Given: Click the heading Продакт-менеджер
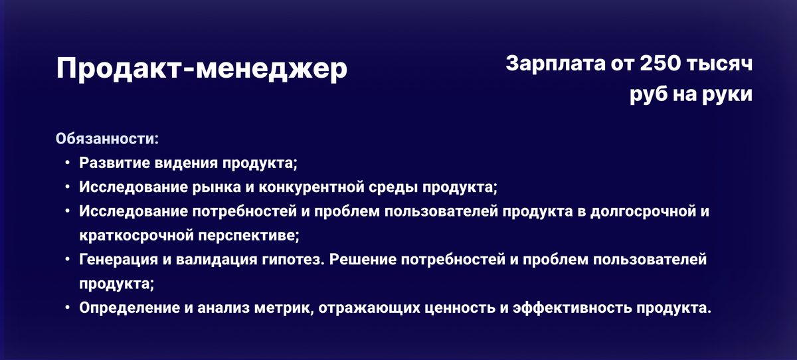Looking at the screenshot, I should point(201,70).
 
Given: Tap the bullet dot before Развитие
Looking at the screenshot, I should point(68,163).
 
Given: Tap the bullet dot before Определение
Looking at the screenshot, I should point(68,308).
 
